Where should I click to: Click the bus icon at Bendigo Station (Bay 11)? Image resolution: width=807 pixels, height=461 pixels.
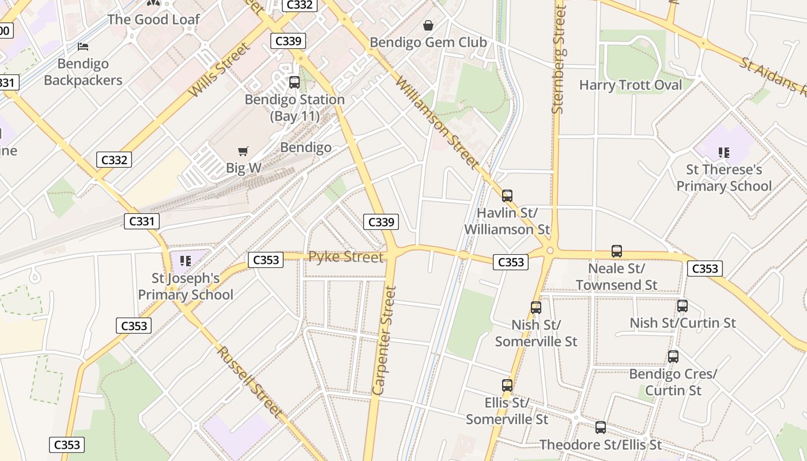click(295, 82)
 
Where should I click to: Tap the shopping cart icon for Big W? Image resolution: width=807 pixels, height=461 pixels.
click(243, 152)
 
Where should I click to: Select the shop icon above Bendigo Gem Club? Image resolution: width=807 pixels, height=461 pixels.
click(428, 25)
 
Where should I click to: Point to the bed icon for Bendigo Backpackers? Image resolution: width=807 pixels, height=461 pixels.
click(83, 47)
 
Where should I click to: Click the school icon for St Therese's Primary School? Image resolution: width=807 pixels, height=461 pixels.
click(723, 153)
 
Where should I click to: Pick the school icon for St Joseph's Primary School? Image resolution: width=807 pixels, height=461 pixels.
click(185, 261)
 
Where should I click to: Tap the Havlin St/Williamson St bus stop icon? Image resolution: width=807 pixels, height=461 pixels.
click(507, 196)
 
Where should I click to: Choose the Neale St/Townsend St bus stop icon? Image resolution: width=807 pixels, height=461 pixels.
click(617, 251)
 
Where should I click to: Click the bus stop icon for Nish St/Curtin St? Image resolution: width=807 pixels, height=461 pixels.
click(682, 306)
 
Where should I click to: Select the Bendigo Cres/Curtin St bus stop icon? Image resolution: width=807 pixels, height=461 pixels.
click(673, 357)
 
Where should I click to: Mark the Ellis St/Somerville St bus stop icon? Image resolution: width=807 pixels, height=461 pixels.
click(507, 386)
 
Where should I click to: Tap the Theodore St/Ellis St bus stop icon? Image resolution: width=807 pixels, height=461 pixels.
click(601, 428)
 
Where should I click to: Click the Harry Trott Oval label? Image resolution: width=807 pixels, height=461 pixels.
click(630, 85)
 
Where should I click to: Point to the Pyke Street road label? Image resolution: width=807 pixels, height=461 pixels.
click(346, 257)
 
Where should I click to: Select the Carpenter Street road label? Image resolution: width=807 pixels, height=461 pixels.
click(385, 341)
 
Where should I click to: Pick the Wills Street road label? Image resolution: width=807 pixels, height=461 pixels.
click(220, 70)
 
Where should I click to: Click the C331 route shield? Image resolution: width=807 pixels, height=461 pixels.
click(141, 221)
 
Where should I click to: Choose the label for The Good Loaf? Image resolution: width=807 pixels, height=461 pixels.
click(153, 19)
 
